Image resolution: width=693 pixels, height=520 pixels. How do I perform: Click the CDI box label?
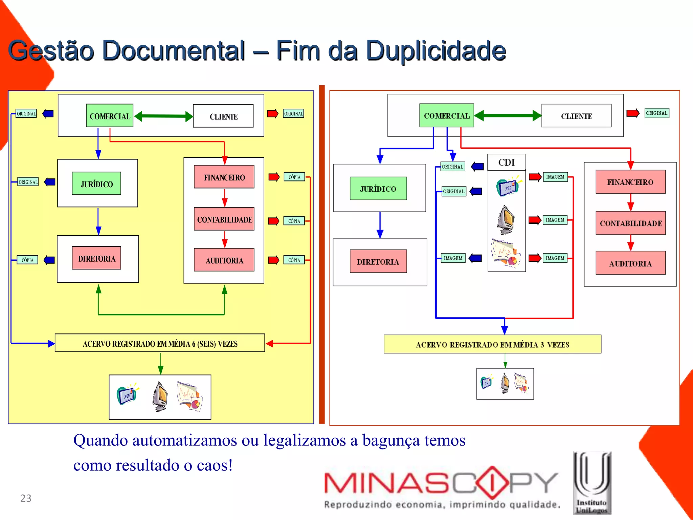pos(506,162)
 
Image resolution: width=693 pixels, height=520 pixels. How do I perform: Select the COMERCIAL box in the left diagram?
pos(110,116)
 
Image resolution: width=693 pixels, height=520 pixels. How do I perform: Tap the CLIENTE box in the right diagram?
pos(576,116)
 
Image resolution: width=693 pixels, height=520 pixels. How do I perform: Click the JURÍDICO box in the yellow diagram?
pos(96,184)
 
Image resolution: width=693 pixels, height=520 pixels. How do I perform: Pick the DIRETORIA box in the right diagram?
pos(378,261)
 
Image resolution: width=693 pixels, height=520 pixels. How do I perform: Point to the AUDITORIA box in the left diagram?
pos(224,260)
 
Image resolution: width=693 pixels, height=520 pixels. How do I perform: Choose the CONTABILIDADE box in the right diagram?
pos(630,223)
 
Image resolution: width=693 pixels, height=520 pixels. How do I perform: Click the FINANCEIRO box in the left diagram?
pos(224,177)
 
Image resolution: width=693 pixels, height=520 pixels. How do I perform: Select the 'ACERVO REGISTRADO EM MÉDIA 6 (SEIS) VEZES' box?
pos(160,343)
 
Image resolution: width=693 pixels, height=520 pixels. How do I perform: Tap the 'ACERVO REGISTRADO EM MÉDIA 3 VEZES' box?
pos(492,344)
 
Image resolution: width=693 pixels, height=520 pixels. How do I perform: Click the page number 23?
pos(26,498)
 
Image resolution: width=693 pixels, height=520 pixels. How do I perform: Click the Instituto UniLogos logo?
pos(592,483)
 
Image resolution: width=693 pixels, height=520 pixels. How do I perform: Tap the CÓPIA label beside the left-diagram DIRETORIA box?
pos(27,260)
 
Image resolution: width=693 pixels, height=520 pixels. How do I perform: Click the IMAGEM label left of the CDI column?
pos(453,258)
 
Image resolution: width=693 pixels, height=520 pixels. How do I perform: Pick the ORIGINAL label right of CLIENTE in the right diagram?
pos(656,113)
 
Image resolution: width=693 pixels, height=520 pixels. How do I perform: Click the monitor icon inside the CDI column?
pos(506,220)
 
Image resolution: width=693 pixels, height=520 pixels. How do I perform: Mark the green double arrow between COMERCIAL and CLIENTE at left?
pos(163,116)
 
